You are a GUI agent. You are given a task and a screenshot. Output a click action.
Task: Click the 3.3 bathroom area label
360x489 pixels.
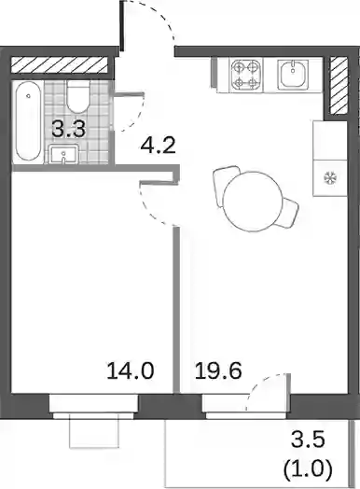(69, 129)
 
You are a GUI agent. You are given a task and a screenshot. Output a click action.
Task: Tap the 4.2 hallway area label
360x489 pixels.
(159, 145)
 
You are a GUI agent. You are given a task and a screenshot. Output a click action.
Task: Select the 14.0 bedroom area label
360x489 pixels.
(131, 370)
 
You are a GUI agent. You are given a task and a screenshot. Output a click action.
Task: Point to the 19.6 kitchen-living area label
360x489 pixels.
(218, 370)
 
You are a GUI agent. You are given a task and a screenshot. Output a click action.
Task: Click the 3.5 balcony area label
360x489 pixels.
(308, 440)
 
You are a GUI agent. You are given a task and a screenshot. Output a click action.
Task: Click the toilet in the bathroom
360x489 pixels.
(78, 97)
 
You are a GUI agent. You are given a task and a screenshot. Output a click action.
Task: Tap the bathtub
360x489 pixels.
(28, 121)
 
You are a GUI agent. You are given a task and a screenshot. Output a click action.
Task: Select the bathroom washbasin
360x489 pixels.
(63, 154)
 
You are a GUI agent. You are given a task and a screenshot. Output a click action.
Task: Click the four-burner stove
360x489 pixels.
(245, 75)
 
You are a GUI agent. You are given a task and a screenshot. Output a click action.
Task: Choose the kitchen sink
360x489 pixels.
(293, 75)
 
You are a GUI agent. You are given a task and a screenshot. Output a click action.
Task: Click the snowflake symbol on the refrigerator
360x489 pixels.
(329, 178)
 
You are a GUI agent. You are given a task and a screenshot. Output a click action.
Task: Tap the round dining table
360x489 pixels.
(253, 202)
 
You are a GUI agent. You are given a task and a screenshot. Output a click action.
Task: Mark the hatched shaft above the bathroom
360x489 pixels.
(59, 65)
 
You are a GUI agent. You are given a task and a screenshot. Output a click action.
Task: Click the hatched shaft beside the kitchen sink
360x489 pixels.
(339, 85)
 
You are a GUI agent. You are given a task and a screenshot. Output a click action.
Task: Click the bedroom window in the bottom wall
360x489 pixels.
(93, 406)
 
